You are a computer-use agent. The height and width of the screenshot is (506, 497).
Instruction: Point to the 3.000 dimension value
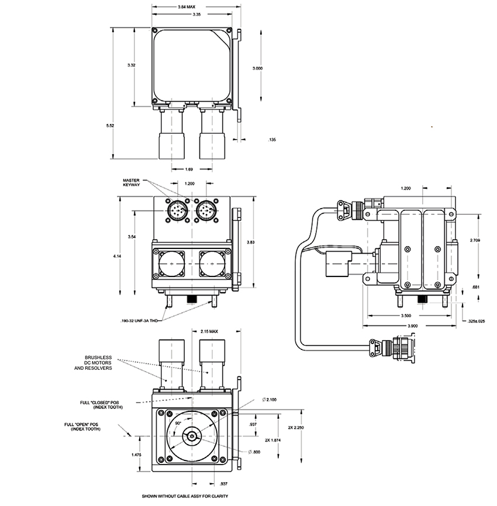257,68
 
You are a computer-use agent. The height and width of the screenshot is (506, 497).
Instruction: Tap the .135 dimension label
271,140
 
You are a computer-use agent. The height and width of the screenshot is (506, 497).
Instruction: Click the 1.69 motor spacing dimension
190,169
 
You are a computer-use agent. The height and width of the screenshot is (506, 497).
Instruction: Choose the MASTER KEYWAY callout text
133,182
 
